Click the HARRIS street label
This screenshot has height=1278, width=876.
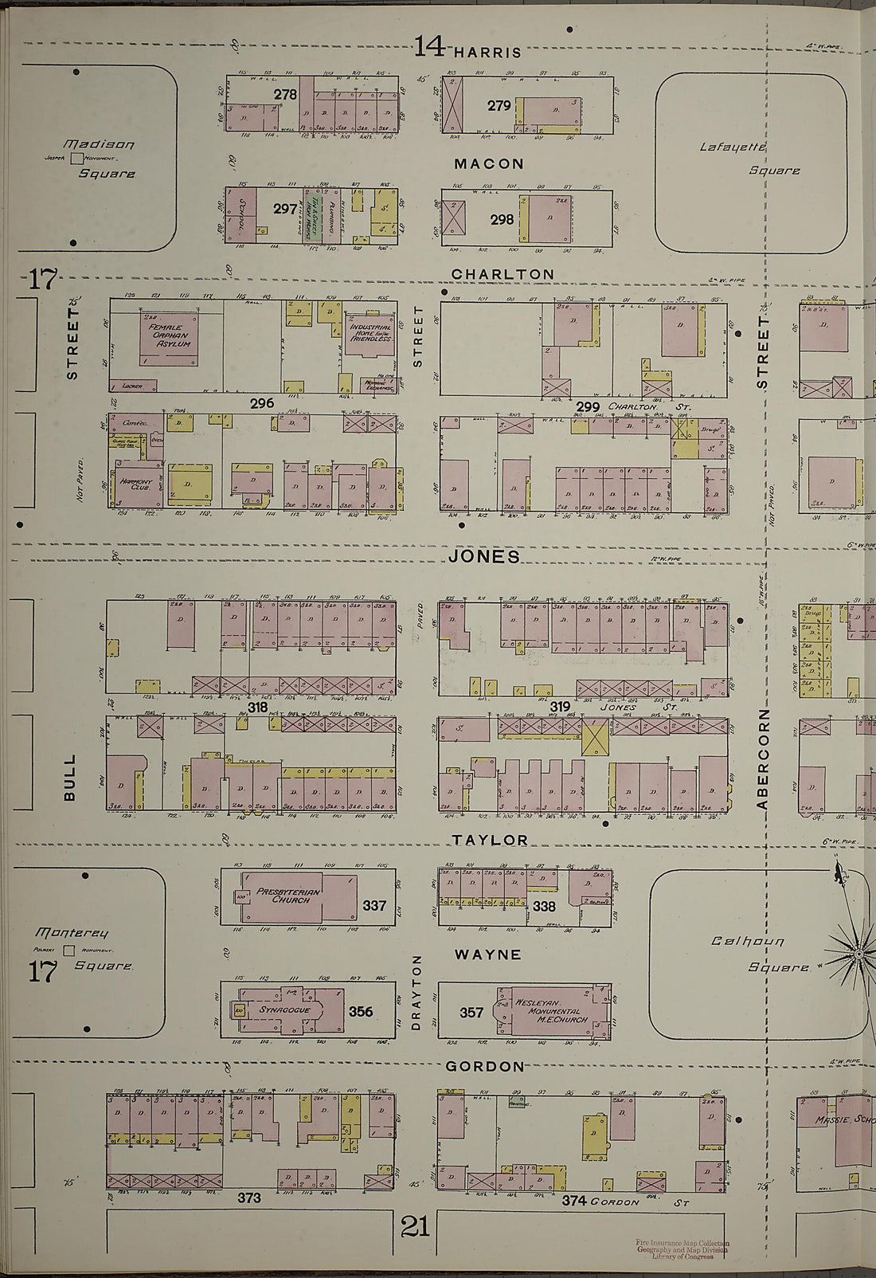(x=487, y=53)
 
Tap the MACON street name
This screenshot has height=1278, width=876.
(x=489, y=164)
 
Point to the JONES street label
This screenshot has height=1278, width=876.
(x=483, y=557)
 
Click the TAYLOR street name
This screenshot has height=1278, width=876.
(x=491, y=840)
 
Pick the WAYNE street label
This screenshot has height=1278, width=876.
(x=487, y=954)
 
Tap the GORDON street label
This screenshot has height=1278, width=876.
(x=485, y=1066)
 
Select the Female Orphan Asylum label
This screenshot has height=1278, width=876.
(x=170, y=335)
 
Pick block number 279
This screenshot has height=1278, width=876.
(x=499, y=105)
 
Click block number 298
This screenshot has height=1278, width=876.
(x=501, y=218)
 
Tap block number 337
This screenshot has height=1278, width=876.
(x=374, y=906)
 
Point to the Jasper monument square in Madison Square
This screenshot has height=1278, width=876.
(x=77, y=159)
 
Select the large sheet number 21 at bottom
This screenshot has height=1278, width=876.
(x=415, y=1226)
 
